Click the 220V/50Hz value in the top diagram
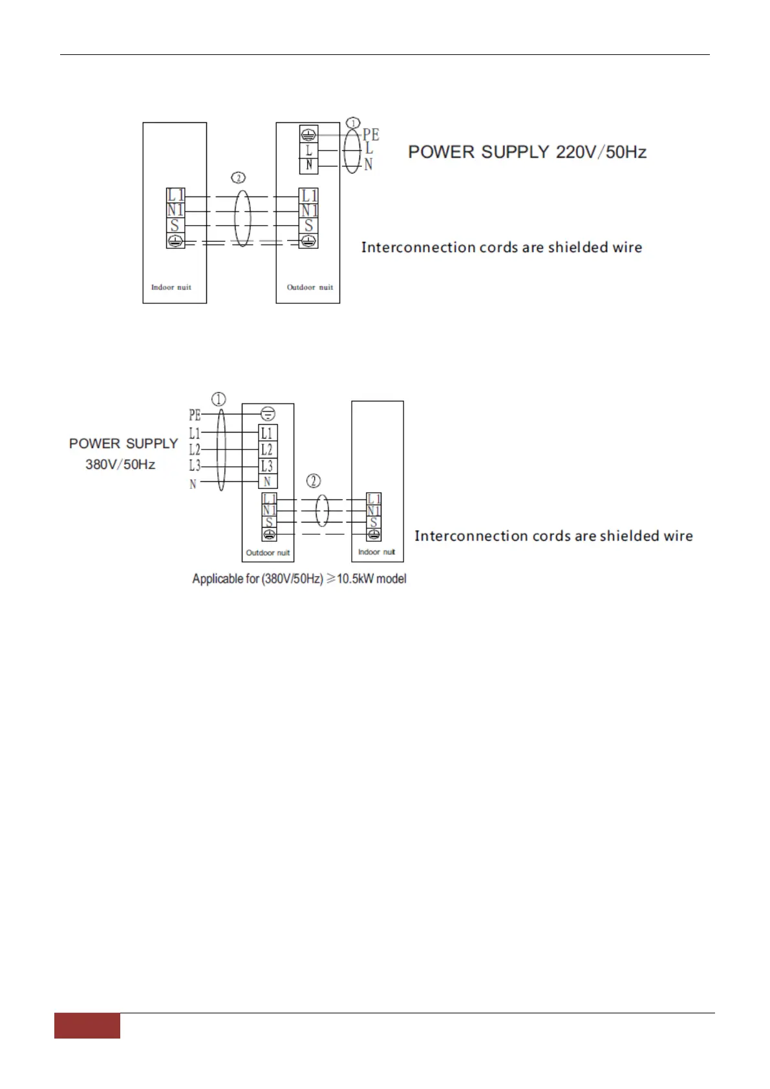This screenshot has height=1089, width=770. pyautogui.click(x=601, y=152)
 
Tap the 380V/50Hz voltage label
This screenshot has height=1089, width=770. pyautogui.click(x=120, y=464)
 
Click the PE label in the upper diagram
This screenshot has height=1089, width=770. pyautogui.click(x=370, y=135)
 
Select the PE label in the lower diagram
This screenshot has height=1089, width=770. pyautogui.click(x=195, y=415)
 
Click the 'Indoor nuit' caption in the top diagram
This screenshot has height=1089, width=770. pyautogui.click(x=171, y=287)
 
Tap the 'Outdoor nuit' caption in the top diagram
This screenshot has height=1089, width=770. pyautogui.click(x=310, y=287)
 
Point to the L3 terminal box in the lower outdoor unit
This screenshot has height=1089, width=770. pyautogui.click(x=267, y=466)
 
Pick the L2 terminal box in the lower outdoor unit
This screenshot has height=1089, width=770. pyautogui.click(x=267, y=449)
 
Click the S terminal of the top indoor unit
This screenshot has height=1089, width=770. pyautogui.click(x=175, y=226)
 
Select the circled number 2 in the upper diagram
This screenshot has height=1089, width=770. pyautogui.click(x=239, y=177)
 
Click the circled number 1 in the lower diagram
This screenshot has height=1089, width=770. pyautogui.click(x=219, y=399)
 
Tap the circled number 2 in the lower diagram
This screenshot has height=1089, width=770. pyautogui.click(x=314, y=480)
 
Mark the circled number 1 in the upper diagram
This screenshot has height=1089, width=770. pyautogui.click(x=353, y=123)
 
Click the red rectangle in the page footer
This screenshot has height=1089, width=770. pyautogui.click(x=87, y=1026)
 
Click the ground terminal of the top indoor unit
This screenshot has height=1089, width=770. pyautogui.click(x=175, y=241)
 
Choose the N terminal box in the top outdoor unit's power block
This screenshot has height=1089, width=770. pyautogui.click(x=309, y=165)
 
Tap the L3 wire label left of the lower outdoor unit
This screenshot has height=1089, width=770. pyautogui.click(x=195, y=466)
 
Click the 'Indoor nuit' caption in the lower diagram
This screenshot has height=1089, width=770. pyautogui.click(x=376, y=552)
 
